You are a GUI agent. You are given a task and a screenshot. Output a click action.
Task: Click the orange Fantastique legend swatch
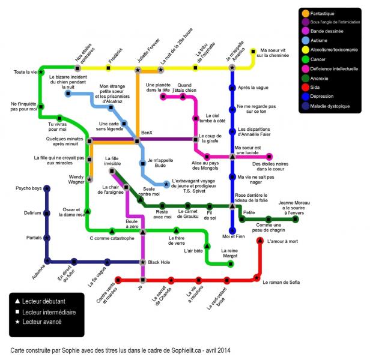(306, 13)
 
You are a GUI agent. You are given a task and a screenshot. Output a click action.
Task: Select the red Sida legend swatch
(306, 87)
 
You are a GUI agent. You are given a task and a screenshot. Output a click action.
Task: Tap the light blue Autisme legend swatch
(306, 41)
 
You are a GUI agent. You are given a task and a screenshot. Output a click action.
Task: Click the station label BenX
(147, 132)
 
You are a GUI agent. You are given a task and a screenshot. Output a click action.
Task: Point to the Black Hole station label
(160, 262)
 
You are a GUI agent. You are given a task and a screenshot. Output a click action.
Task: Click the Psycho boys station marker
(47, 189)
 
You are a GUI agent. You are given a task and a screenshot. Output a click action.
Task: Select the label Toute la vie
(25, 73)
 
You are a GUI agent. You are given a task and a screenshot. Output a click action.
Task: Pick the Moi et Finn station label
(232, 236)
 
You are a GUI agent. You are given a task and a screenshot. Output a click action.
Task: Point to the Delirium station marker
(47, 213)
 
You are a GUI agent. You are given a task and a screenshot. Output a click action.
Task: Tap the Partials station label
(34, 238)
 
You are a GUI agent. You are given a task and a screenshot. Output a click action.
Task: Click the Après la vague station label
(252, 88)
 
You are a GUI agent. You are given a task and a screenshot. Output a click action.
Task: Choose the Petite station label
(250, 212)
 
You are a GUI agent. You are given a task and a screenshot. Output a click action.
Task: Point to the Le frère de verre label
(176, 239)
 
